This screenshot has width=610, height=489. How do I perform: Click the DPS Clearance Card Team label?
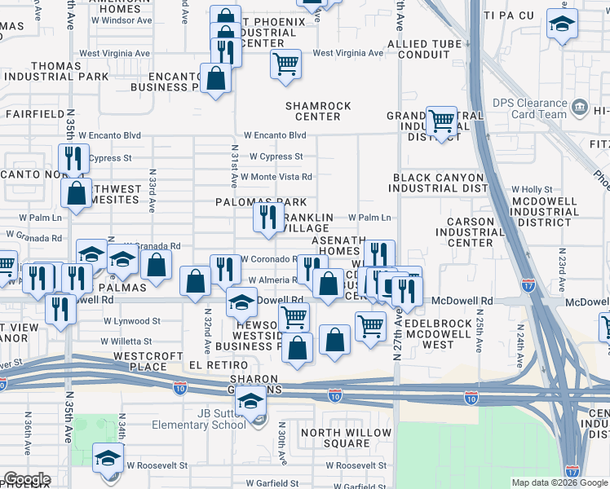click(x=529, y=108)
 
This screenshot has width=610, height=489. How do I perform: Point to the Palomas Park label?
click(x=261, y=202)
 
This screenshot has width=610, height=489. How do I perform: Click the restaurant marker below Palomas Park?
click(x=268, y=217)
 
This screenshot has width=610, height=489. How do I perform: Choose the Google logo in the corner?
click(x=26, y=479)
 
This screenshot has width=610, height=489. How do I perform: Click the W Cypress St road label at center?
click(x=276, y=156)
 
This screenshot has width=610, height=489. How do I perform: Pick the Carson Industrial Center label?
click(x=471, y=231)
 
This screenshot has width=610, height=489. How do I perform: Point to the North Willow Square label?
click(x=335, y=438)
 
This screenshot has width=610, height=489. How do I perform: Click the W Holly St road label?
click(x=532, y=189)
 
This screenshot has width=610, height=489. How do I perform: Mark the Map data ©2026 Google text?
click(x=559, y=482)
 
